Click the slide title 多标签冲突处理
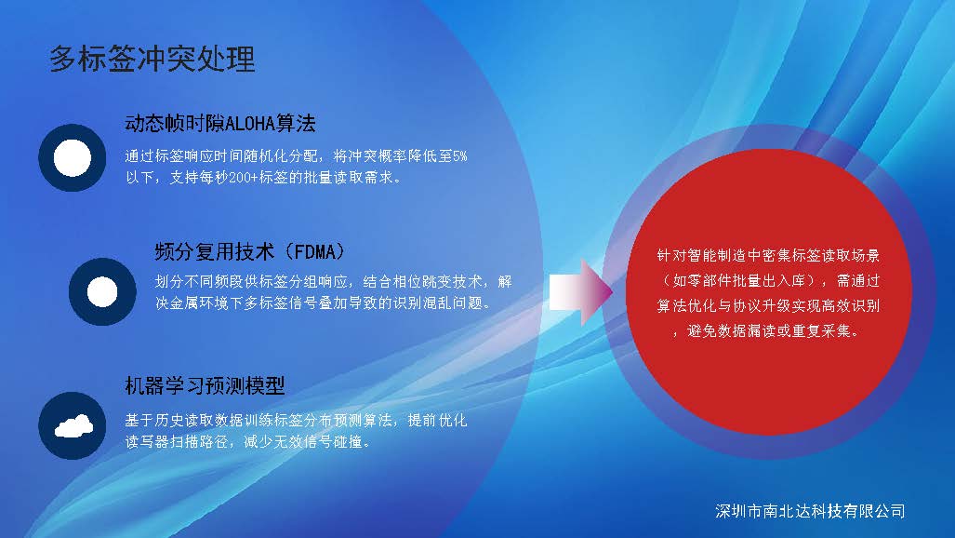click(x=152, y=60)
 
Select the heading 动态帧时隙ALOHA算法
click(x=219, y=124)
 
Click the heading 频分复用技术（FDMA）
click(x=250, y=251)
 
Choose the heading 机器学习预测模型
click(x=205, y=385)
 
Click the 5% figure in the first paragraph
click(x=460, y=156)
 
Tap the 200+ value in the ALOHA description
click(x=243, y=178)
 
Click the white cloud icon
click(x=73, y=425)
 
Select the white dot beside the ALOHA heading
click(x=72, y=157)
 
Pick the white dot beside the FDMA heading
click(x=102, y=291)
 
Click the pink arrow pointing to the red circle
click(x=580, y=291)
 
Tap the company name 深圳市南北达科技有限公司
click(x=810, y=511)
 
